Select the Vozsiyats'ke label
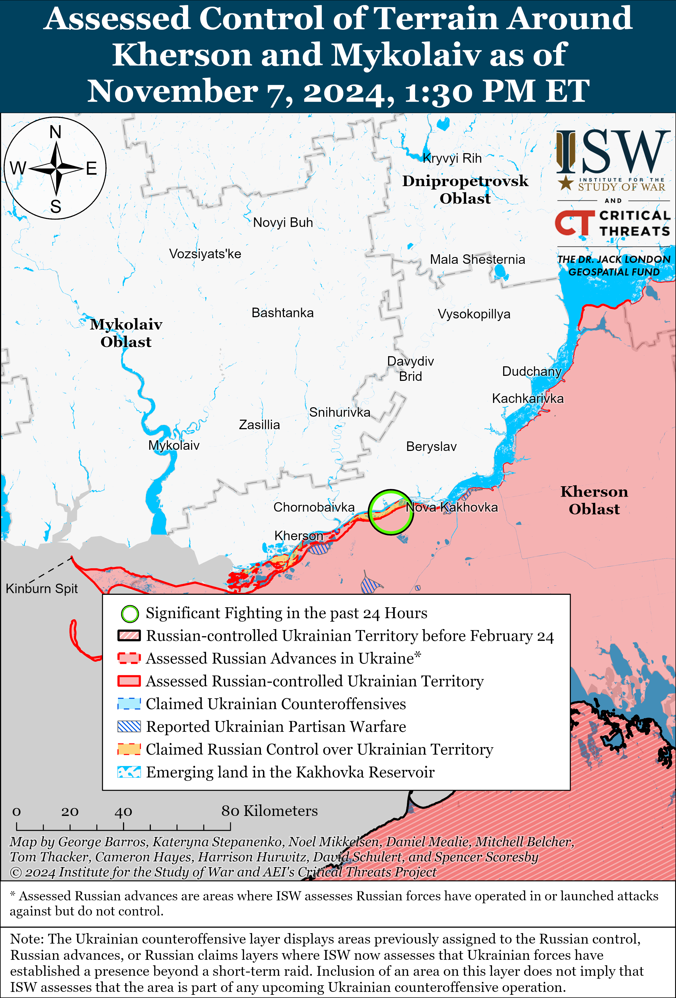(205, 254)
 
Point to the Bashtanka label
(282, 313)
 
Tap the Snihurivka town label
(339, 412)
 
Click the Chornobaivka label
(314, 507)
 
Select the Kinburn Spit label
(42, 588)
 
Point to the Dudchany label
(532, 371)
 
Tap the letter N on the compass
(55, 132)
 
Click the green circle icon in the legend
(130, 614)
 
